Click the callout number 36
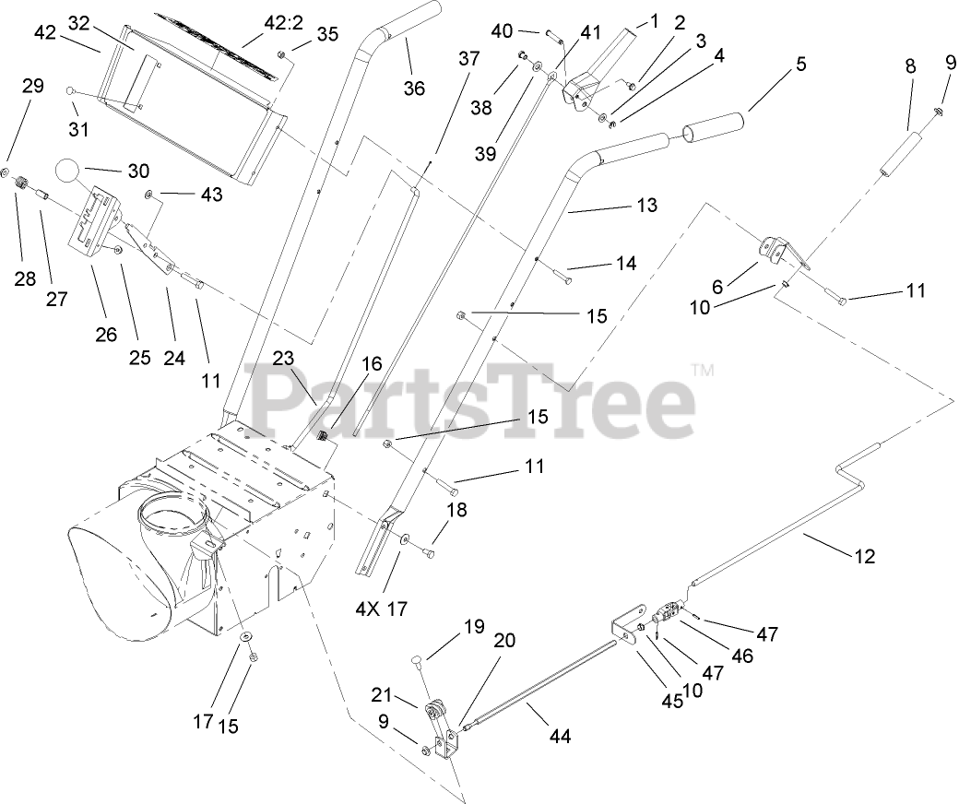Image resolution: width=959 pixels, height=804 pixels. pos(414,88)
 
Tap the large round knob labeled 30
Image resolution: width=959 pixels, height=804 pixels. pos(68,172)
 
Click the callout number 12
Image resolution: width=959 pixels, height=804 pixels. pos(865,556)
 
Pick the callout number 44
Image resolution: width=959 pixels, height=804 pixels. pos(561,736)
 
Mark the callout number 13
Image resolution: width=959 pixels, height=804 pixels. pos(647,205)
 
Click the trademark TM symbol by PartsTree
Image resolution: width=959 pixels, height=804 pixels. pos(703,371)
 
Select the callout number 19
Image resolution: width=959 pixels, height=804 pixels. pos(473,627)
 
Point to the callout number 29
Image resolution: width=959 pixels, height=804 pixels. pos(33,86)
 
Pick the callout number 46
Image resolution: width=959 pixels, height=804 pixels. pos(742,656)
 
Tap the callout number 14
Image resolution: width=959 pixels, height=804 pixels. pos(626,264)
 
